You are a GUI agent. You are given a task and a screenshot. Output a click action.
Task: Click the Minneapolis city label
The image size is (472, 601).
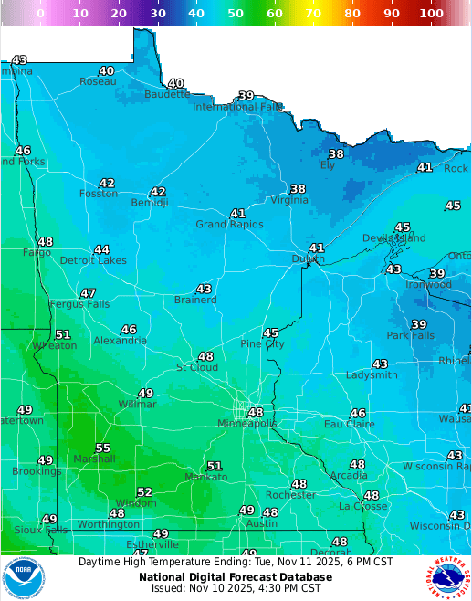click(247, 424)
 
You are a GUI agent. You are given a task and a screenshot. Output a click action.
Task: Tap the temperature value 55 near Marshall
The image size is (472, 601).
click(102, 448)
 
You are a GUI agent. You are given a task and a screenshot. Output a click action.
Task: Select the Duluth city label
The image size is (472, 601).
click(308, 259)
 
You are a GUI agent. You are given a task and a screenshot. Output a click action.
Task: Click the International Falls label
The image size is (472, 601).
click(238, 107)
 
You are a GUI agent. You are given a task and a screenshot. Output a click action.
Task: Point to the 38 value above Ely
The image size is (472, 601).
click(336, 154)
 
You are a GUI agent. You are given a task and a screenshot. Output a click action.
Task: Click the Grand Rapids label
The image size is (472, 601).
click(229, 225)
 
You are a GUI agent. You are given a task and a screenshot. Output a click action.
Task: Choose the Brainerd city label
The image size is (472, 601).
click(195, 300)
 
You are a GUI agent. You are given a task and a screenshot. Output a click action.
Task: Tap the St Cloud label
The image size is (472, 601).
click(196, 367)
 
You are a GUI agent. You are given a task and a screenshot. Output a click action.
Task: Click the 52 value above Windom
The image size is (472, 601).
click(144, 492)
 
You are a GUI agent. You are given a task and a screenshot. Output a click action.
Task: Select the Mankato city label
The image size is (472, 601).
click(206, 477)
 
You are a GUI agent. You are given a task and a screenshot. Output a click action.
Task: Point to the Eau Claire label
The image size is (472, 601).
click(349, 424)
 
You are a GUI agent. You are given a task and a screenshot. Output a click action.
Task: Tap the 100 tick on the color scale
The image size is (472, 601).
click(432, 14)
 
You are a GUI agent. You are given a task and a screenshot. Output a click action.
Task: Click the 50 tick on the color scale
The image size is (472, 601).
click(236, 14)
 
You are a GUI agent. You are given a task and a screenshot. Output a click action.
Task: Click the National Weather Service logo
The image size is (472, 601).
click(446, 577)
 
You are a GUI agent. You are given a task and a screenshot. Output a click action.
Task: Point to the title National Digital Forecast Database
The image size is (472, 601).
click(236, 577)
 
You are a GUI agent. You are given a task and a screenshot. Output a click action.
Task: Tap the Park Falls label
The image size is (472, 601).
click(410, 335)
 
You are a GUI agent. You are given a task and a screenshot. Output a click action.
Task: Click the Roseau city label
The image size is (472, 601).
click(98, 81)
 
